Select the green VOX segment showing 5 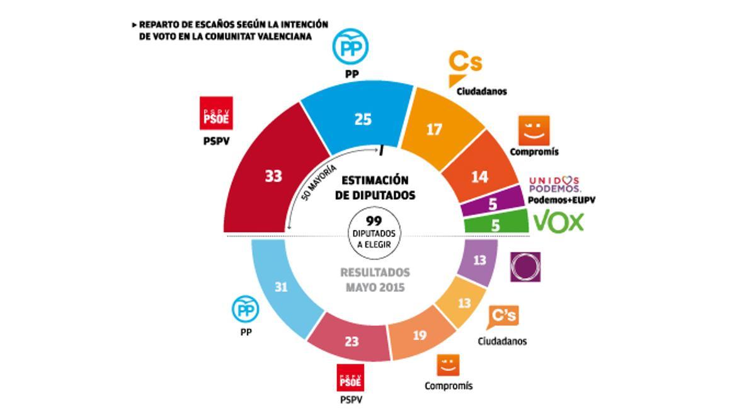[495, 224]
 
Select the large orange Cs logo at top [464, 67]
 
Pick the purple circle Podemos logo [525, 267]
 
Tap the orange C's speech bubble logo [503, 316]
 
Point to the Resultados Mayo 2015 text [375, 279]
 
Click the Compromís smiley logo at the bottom [448, 365]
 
